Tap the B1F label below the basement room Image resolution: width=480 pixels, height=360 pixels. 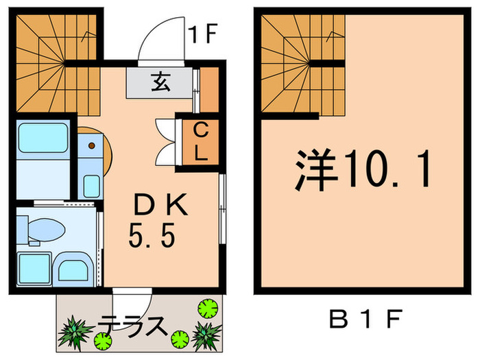pyautogui.click(x=363, y=320)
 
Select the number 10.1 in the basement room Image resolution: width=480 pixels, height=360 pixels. pyautogui.click(x=387, y=169)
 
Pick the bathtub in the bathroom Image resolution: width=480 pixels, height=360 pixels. pyautogui.click(x=43, y=137)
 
